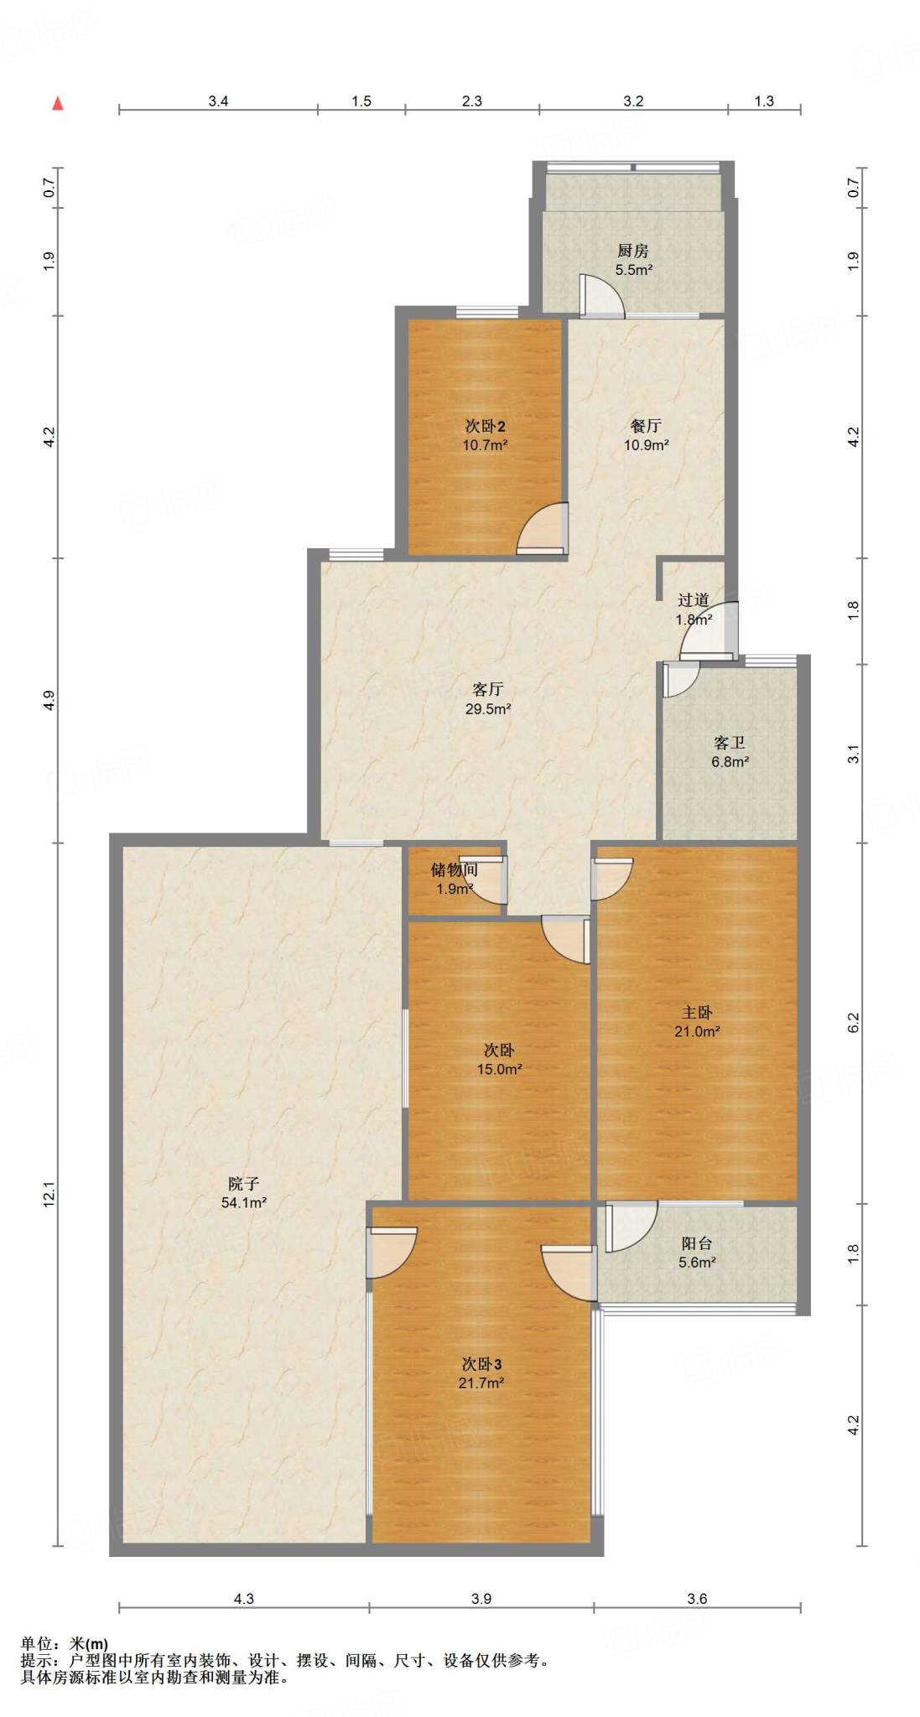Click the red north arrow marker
tap(58, 103)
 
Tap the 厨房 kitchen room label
tap(633, 251)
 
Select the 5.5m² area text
tap(634, 270)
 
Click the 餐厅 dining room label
tap(646, 426)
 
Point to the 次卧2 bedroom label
tap(485, 426)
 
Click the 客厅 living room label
tap(488, 689)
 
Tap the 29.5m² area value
tap(488, 709)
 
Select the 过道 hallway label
tap(694, 600)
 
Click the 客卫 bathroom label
tap(730, 743)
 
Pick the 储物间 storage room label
tap(455, 870)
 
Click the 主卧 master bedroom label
tap(697, 1013)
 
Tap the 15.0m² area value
tap(500, 1070)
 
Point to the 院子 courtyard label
tap(243, 1184)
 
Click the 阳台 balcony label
tap(697, 1243)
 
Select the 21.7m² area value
tap(481, 1383)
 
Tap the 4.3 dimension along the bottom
tap(243, 1599)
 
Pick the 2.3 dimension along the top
tap(472, 101)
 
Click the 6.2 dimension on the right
tap(853, 1023)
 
